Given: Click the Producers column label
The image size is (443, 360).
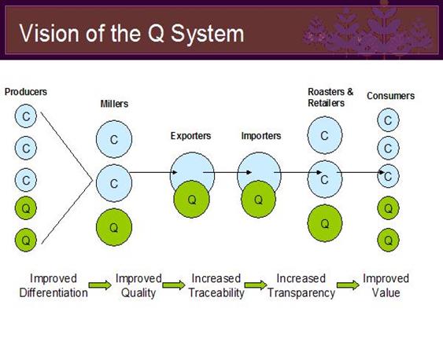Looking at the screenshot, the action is [26, 92].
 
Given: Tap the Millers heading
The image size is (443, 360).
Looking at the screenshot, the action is [114, 104].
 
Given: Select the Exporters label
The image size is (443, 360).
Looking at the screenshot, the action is [190, 136].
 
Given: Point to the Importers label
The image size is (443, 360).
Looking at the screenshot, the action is [261, 136].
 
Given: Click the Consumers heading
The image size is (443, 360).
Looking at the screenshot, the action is [391, 96].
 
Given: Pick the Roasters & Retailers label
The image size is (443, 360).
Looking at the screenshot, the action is [330, 97].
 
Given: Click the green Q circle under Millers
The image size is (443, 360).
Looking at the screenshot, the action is [114, 227].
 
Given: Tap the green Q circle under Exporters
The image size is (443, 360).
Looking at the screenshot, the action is [191, 199].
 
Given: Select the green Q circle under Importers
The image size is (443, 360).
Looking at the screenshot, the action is [258, 199].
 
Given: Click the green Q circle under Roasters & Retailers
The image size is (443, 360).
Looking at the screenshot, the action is [325, 223].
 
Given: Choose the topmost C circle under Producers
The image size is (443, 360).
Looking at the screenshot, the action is [26, 116].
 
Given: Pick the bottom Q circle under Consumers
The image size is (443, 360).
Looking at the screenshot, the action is [388, 240].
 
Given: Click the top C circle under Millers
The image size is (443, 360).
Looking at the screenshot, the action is [114, 139].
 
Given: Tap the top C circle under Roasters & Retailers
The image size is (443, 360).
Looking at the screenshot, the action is [325, 135].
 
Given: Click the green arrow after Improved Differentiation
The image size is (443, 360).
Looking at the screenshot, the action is [100, 285].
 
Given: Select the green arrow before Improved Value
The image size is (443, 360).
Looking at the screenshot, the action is [348, 285].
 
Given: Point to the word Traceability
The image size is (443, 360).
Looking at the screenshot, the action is [216, 293].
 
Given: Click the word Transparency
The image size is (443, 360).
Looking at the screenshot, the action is [301, 293].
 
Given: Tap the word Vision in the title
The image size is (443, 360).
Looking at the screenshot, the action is [49, 33].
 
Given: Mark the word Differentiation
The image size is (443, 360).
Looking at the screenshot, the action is [54, 293].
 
